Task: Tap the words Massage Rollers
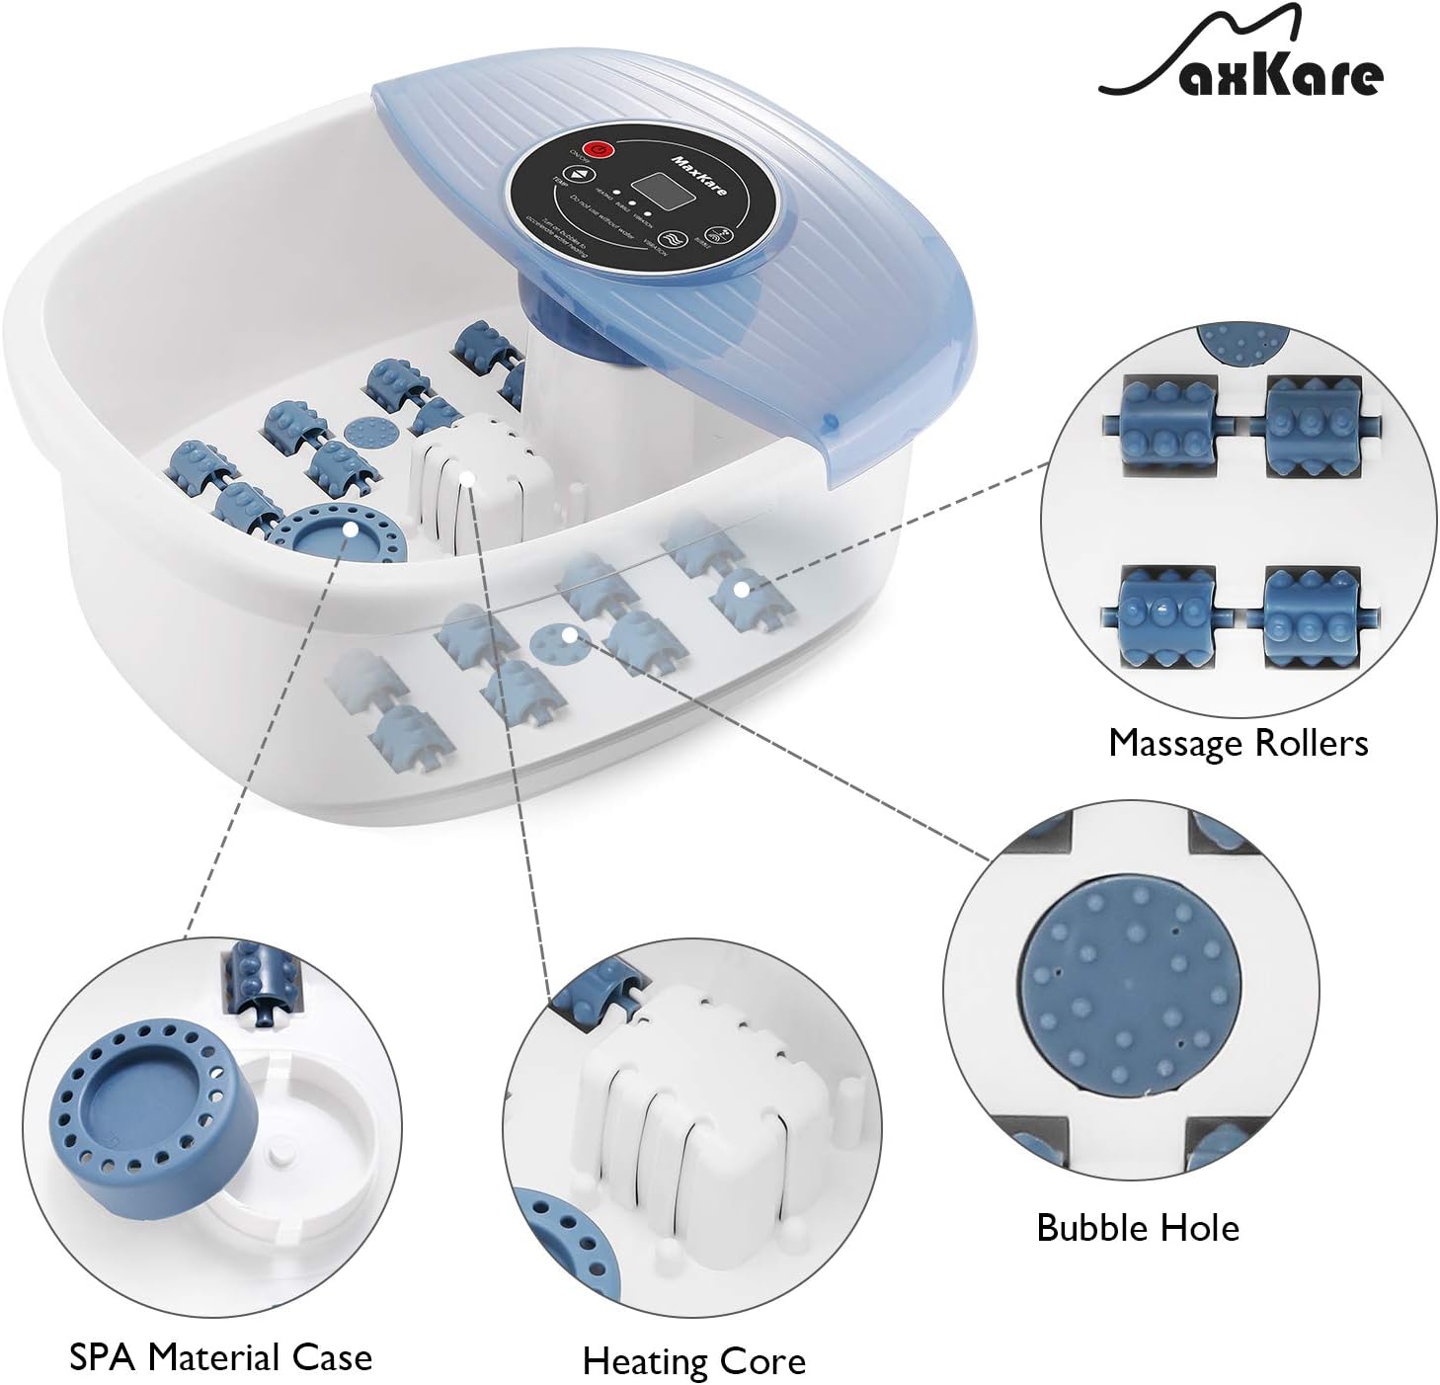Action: [x=1239, y=743]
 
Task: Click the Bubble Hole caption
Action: [x=1137, y=1228]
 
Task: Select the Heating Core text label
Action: [x=693, y=1361]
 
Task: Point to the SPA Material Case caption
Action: [x=220, y=1357]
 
